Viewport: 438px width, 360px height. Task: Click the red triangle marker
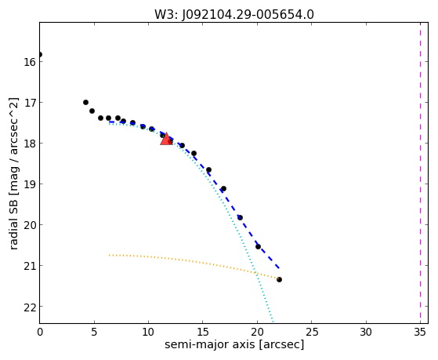(x=166, y=139)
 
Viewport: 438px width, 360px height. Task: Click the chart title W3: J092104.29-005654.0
(x=234, y=15)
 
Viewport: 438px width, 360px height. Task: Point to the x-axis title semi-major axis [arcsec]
(x=234, y=344)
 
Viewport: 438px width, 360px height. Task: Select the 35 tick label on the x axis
(x=420, y=332)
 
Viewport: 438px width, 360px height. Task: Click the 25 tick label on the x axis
(x=312, y=332)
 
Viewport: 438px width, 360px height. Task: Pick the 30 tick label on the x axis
(x=366, y=332)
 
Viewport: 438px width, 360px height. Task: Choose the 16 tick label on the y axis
(x=30, y=62)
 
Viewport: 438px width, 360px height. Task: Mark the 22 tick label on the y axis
(x=30, y=307)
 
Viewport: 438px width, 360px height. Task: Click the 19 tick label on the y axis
(x=30, y=184)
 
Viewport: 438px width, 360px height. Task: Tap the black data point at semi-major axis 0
(x=40, y=54)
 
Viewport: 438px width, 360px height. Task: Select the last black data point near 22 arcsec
(x=279, y=279)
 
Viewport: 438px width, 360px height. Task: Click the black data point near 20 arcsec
(x=258, y=246)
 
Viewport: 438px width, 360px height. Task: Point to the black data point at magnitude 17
(x=85, y=103)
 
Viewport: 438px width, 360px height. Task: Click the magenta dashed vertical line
(x=420, y=173)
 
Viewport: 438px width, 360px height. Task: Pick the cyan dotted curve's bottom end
(x=273, y=323)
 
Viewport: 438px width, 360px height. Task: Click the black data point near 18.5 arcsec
(x=240, y=217)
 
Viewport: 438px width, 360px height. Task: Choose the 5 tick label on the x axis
(x=94, y=332)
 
